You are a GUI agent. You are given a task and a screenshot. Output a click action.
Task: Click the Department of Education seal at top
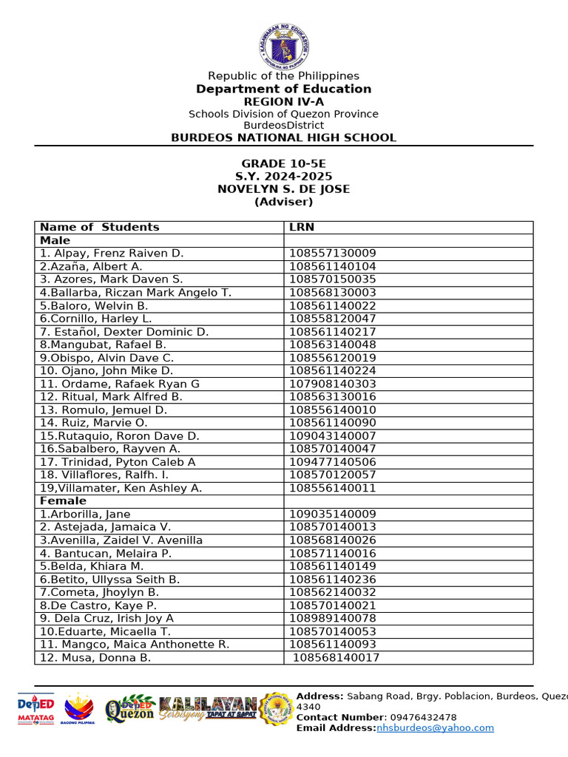pos(284,44)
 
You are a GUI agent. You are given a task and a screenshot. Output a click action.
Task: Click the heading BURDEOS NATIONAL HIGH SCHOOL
pos(284,138)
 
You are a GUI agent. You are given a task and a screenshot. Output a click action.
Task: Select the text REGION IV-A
pos(284,101)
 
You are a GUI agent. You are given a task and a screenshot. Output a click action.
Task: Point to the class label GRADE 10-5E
pos(284,163)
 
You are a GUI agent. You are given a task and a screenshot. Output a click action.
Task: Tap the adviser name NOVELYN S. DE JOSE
pos(284,189)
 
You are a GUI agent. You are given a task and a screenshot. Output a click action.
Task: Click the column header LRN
pos(302,227)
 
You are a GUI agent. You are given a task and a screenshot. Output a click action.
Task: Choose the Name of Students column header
pos(100,227)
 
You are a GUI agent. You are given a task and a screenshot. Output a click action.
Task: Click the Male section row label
pos(55,240)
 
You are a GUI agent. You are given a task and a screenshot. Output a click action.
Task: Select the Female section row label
pos(63,501)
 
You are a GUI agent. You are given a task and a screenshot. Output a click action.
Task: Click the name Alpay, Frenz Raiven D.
pos(112,254)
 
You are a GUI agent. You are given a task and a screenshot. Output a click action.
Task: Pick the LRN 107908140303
pos(333,384)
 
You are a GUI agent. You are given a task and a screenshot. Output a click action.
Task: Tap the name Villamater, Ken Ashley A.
pos(121,488)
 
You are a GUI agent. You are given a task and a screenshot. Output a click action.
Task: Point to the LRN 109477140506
pos(333,462)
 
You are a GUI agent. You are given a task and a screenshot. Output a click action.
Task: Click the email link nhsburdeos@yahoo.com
pos(435,728)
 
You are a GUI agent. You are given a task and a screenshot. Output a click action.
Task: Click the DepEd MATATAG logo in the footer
pos(36,711)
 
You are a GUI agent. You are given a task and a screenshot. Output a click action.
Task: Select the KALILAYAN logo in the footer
pos(209,708)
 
